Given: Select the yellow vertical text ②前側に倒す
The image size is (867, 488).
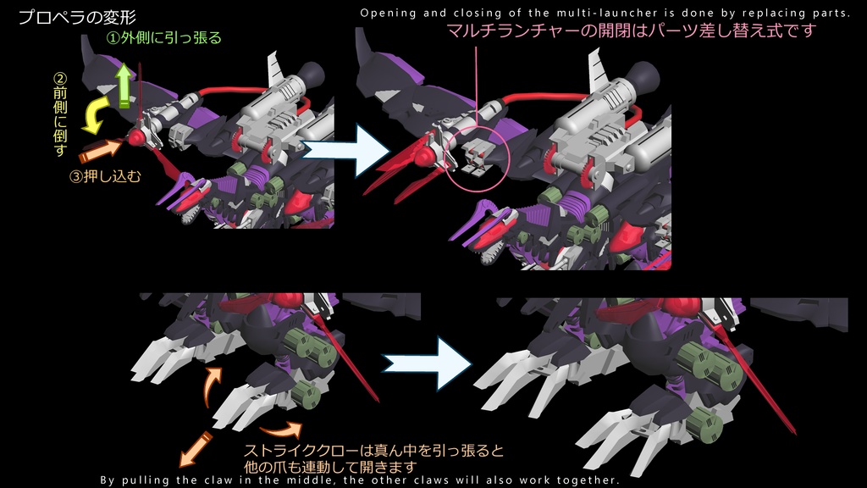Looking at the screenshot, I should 59,114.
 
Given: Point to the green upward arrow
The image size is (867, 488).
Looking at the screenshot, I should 124,86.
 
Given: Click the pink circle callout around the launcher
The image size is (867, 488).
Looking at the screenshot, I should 475,153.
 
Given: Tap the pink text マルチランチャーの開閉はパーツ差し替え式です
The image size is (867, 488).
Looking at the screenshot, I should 631,31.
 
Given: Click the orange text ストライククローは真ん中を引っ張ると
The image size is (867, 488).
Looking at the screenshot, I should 373,451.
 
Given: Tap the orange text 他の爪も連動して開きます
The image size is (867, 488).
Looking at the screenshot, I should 330,467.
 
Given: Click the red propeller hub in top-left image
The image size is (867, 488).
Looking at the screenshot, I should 136,138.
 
